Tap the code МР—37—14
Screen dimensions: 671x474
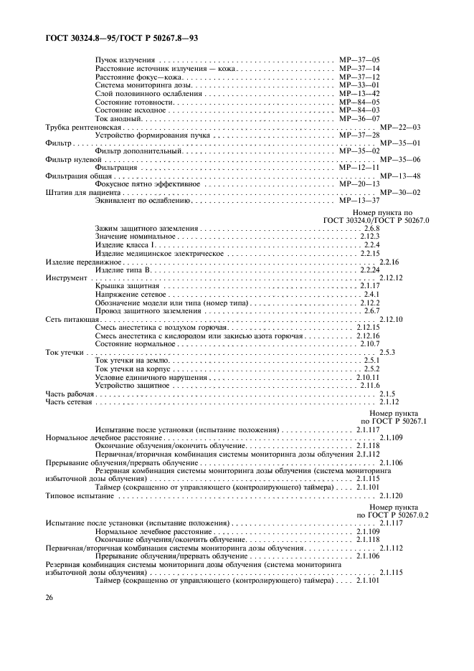[359, 68]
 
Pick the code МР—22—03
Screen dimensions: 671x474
[399, 127]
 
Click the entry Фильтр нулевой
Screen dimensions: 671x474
[70, 159]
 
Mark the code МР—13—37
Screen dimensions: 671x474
[359, 201]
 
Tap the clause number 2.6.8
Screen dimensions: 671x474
[371, 228]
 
